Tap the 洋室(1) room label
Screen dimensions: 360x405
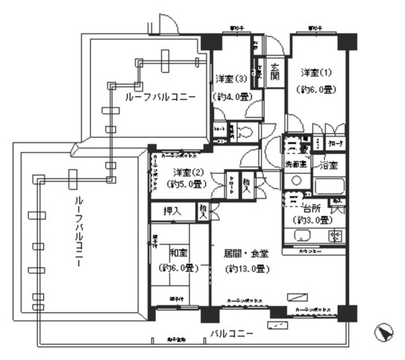pyautogui.click(x=316, y=72)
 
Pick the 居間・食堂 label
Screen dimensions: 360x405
pyautogui.click(x=246, y=254)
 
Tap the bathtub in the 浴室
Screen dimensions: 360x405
pyautogui.click(x=329, y=187)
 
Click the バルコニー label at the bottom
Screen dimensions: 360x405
pyautogui.click(x=232, y=334)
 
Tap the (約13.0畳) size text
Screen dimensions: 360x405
pyautogui.click(x=247, y=269)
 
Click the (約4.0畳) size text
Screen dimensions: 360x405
pyautogui.click(x=232, y=96)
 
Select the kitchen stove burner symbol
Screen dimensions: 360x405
pyautogui.click(x=336, y=236)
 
